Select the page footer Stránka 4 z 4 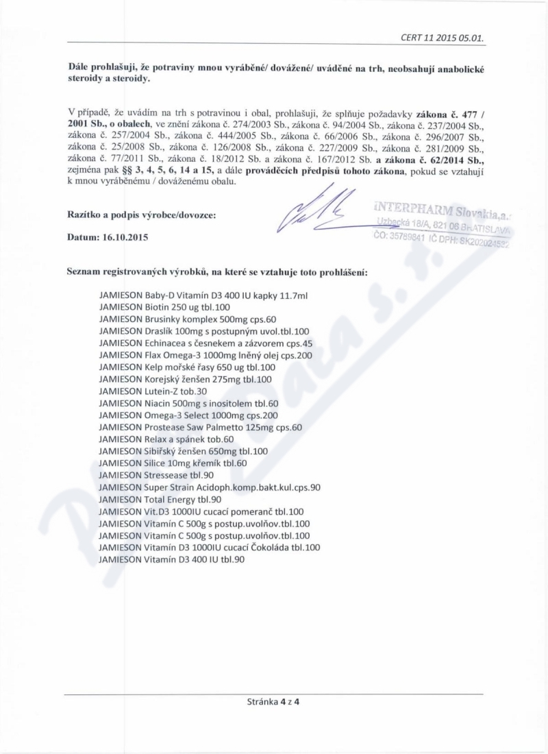pyautogui.click(x=273, y=701)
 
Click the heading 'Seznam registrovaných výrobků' pyautogui.click(x=217, y=271)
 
